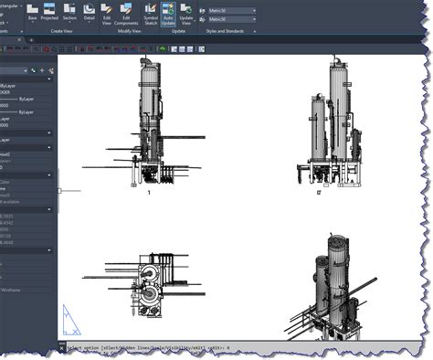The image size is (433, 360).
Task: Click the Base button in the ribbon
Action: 33,14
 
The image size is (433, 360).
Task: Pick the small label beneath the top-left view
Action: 148,193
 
